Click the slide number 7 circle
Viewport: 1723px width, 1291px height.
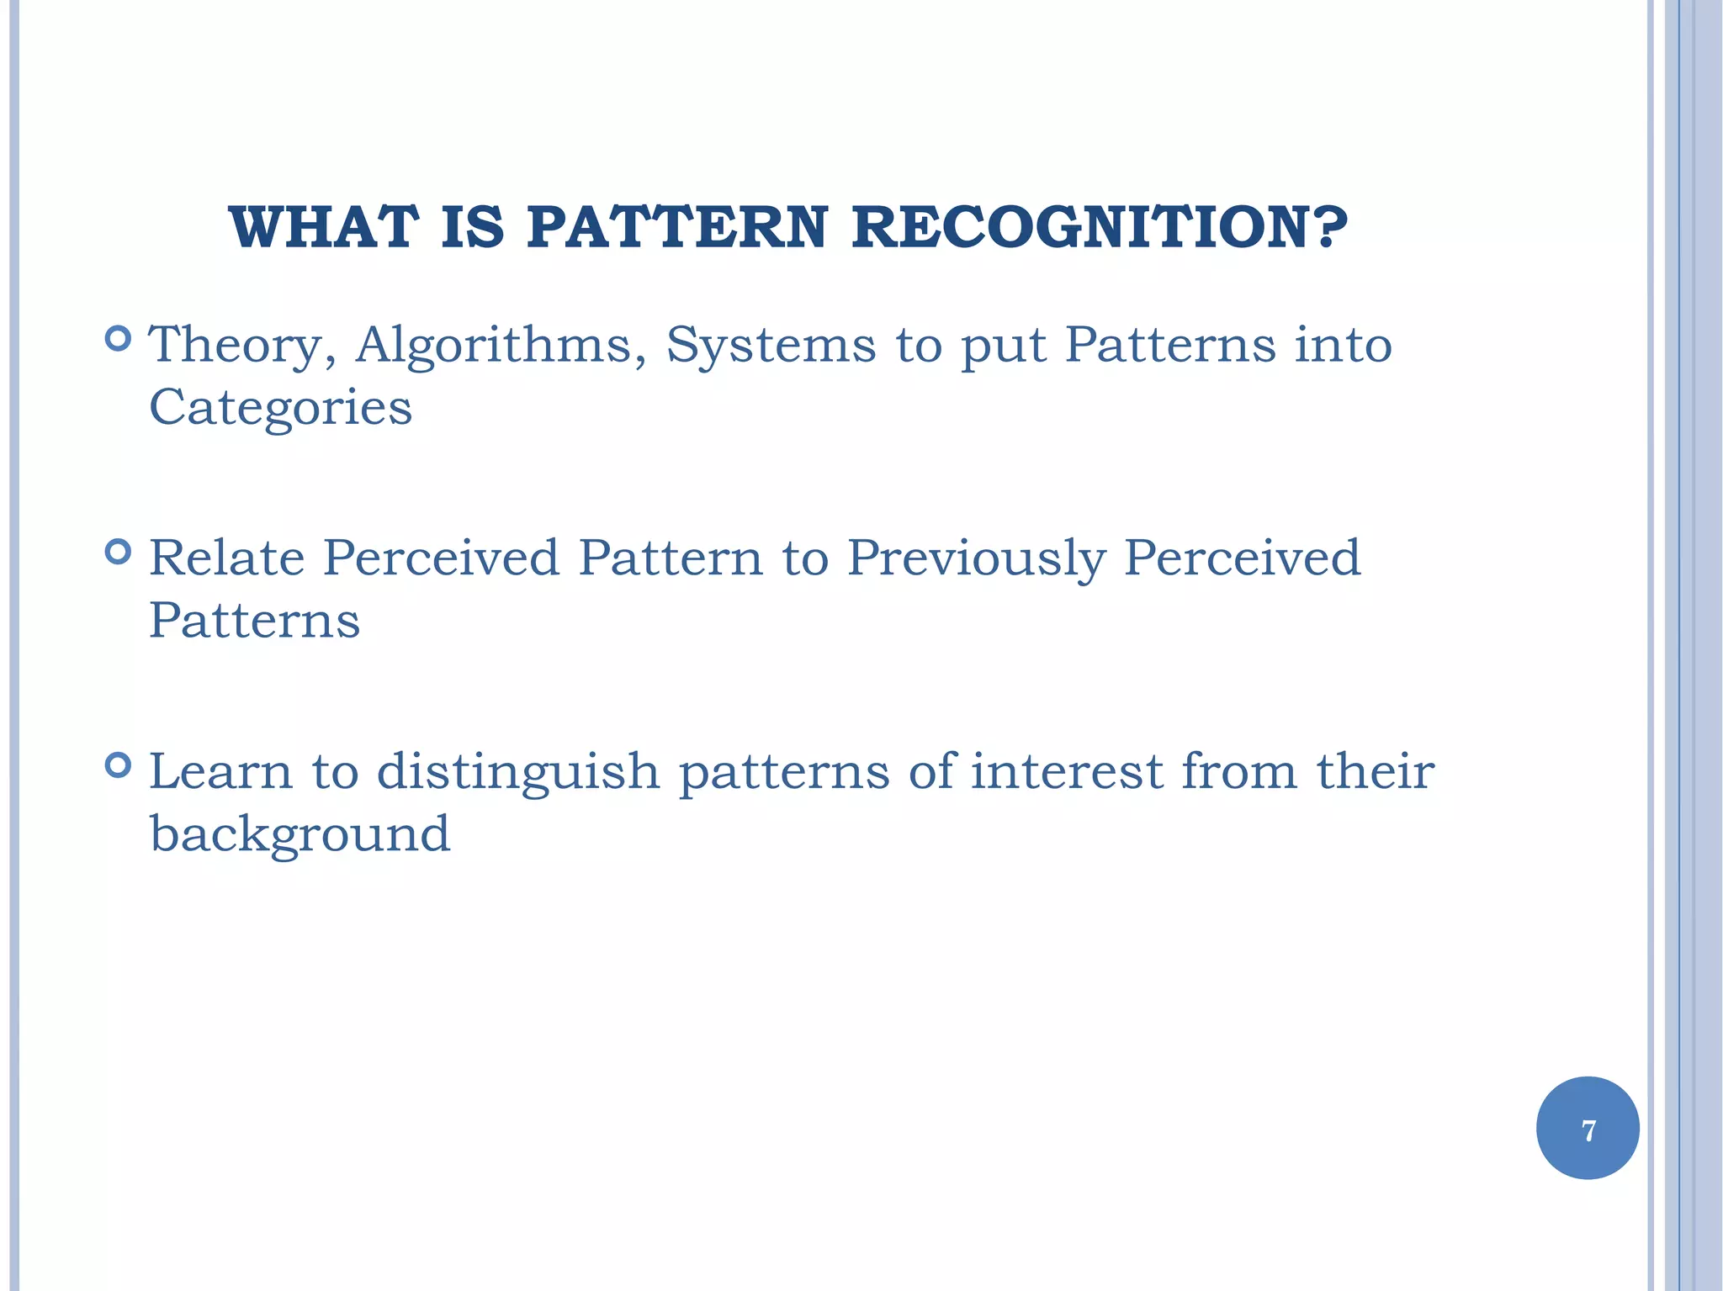[1588, 1128]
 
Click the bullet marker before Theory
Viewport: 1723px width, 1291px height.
[119, 339]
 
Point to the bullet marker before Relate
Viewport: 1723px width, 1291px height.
[119, 552]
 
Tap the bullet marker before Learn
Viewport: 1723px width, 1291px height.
[119, 765]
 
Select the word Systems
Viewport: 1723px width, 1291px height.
[770, 347]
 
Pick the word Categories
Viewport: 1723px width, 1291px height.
[280, 408]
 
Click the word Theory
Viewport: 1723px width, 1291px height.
[241, 347]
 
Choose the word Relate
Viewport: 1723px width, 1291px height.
[226, 558]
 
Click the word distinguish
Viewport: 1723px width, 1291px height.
[517, 773]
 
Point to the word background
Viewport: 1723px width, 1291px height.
[300, 834]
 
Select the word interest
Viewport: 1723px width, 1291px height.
[1066, 771]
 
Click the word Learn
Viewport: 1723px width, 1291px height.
[220, 771]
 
